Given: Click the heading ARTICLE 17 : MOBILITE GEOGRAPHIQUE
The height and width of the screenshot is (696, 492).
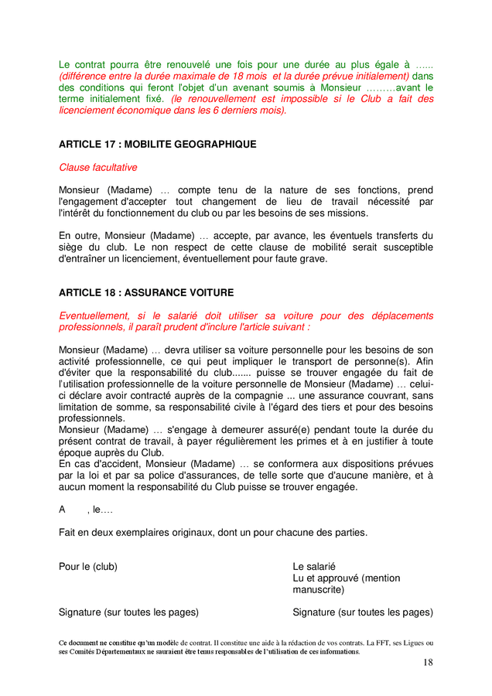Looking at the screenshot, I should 157,145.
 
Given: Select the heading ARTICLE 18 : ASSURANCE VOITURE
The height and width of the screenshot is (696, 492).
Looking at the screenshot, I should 146,293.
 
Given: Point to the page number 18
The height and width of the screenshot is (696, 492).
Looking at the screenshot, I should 428,663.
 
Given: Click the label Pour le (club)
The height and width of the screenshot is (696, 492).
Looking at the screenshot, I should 88,567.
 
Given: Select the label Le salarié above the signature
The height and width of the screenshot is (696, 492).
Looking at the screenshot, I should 314,567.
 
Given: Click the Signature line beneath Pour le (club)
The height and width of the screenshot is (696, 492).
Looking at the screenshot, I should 128,612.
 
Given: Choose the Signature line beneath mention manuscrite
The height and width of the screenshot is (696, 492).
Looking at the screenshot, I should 362,612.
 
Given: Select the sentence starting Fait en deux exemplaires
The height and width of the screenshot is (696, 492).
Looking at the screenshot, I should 213,532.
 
